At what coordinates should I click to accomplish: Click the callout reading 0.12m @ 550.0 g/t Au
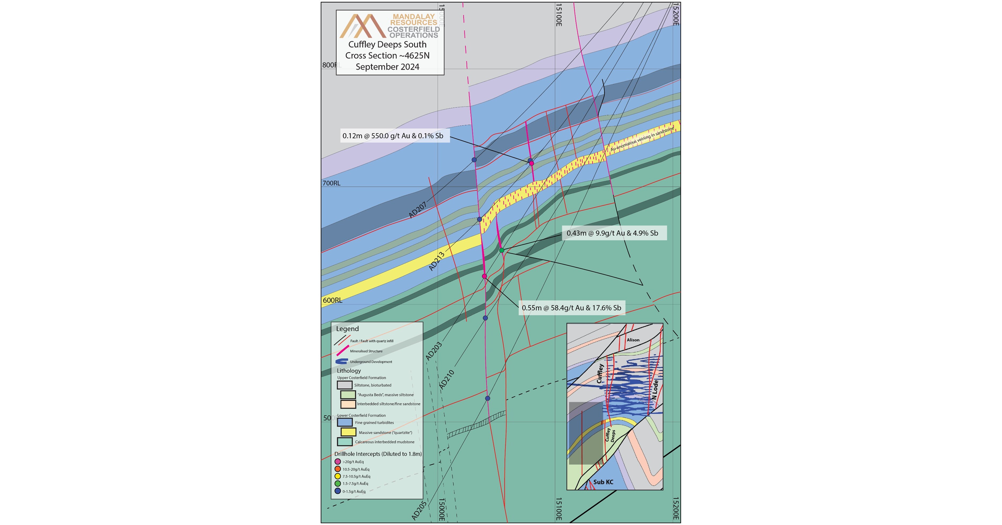click(393, 136)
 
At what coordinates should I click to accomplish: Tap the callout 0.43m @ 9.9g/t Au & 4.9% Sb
click(612, 233)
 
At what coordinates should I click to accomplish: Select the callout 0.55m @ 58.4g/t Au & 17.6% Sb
click(571, 308)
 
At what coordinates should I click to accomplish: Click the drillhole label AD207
click(418, 210)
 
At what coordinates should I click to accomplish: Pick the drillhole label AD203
click(433, 351)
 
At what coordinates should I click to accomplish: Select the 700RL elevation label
click(331, 183)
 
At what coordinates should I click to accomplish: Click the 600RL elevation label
click(332, 300)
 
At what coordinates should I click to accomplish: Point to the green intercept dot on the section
click(502, 250)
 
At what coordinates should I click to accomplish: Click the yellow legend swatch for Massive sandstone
click(348, 432)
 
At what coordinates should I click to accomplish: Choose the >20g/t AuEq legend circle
click(338, 462)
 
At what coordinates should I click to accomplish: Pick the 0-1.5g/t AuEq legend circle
click(338, 491)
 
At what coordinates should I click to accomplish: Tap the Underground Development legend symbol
click(341, 361)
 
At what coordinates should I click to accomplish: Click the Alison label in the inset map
click(633, 340)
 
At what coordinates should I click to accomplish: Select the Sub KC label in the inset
click(603, 482)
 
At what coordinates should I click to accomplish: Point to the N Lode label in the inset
click(655, 389)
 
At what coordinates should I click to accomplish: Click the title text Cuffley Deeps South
click(387, 44)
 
